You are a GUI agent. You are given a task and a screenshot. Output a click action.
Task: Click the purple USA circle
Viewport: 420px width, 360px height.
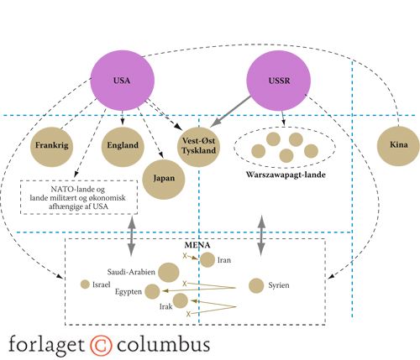122,81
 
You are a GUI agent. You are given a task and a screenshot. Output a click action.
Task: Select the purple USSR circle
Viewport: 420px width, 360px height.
279,81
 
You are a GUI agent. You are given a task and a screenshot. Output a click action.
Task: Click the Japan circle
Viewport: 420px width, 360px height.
164,180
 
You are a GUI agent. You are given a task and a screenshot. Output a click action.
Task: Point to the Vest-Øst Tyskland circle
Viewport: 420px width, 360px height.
199,147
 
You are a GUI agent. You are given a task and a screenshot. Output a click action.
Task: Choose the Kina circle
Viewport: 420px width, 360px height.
398,146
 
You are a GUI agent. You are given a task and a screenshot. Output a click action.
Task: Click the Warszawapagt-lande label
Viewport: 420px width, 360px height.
286,175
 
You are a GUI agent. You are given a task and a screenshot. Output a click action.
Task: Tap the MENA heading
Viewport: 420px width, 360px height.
197,245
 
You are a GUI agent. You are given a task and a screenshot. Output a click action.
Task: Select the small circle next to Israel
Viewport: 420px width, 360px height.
85,284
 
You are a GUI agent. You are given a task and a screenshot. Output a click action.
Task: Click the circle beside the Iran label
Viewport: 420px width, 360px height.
207,260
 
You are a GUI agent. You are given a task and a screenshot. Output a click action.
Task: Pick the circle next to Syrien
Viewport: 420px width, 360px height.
256,285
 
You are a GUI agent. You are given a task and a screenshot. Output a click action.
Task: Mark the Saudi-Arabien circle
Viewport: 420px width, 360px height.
168,273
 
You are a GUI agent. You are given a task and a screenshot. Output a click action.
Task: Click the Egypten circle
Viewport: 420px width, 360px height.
152,291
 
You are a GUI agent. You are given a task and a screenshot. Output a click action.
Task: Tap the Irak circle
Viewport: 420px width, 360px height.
181,300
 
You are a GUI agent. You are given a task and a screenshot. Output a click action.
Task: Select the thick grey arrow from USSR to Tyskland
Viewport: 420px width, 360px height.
230,112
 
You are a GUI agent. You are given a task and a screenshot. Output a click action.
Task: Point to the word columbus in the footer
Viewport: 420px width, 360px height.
163,345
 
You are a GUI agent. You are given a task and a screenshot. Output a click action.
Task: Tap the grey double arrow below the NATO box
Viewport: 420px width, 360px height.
131,237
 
